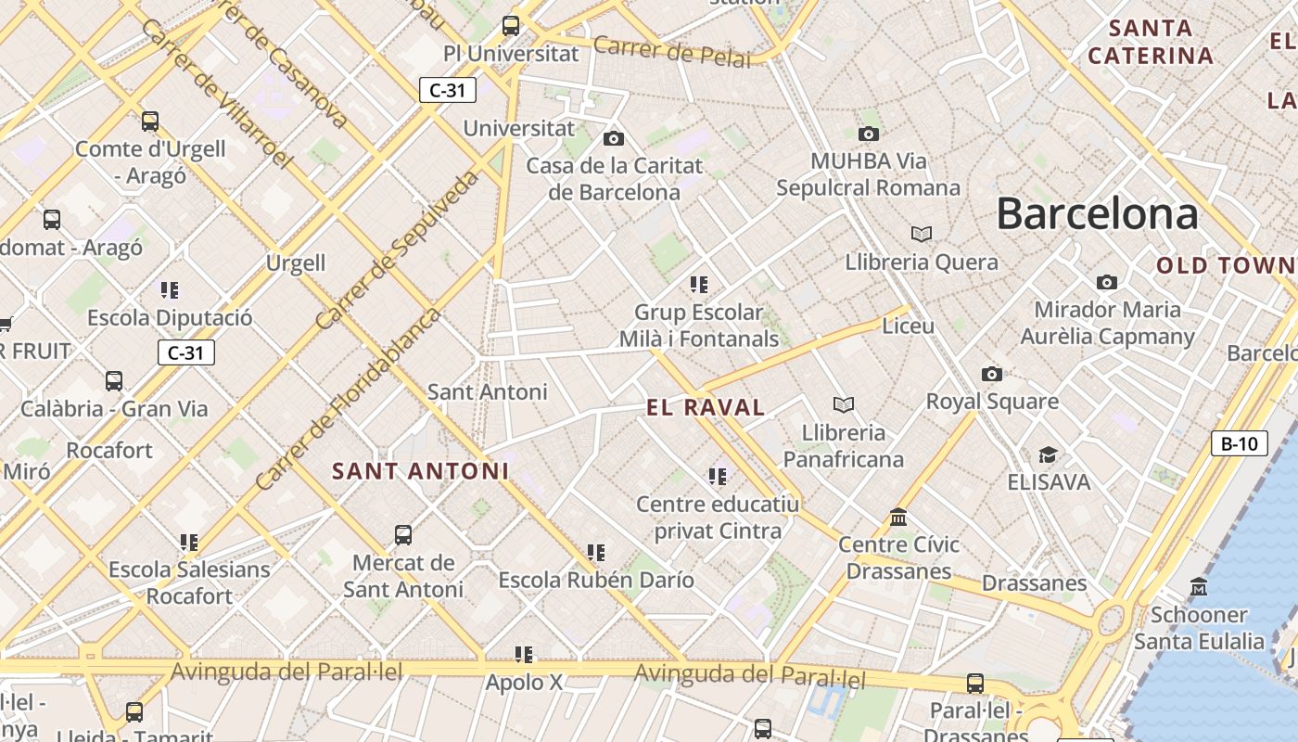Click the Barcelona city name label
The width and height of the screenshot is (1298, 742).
1097,214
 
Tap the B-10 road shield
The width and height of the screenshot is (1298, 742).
1240,443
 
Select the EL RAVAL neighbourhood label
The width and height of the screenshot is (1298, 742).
706,407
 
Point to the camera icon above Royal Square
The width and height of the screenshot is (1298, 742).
992,375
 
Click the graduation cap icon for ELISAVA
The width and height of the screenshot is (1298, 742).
1048,454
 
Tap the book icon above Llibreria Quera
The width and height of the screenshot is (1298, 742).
921,234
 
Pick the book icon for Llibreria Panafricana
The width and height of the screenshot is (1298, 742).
843,404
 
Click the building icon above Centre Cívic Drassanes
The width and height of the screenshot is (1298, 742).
897,517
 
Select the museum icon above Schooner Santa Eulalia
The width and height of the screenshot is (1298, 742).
1199,587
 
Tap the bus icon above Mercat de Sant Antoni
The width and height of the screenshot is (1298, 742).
403,535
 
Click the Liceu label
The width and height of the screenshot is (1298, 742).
909,326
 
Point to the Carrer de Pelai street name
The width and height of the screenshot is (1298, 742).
671,51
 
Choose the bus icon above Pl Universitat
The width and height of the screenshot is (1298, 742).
511,26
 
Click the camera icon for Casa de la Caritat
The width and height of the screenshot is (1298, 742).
613,139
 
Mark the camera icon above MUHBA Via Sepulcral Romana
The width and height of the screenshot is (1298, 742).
869,134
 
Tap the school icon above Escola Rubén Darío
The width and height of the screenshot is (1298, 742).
596,553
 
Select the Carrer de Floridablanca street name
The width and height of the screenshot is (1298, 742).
347,400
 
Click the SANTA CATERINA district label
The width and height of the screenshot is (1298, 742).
1151,43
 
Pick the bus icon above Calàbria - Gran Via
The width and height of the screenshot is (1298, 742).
114,381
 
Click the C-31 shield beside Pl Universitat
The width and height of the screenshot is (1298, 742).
448,90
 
